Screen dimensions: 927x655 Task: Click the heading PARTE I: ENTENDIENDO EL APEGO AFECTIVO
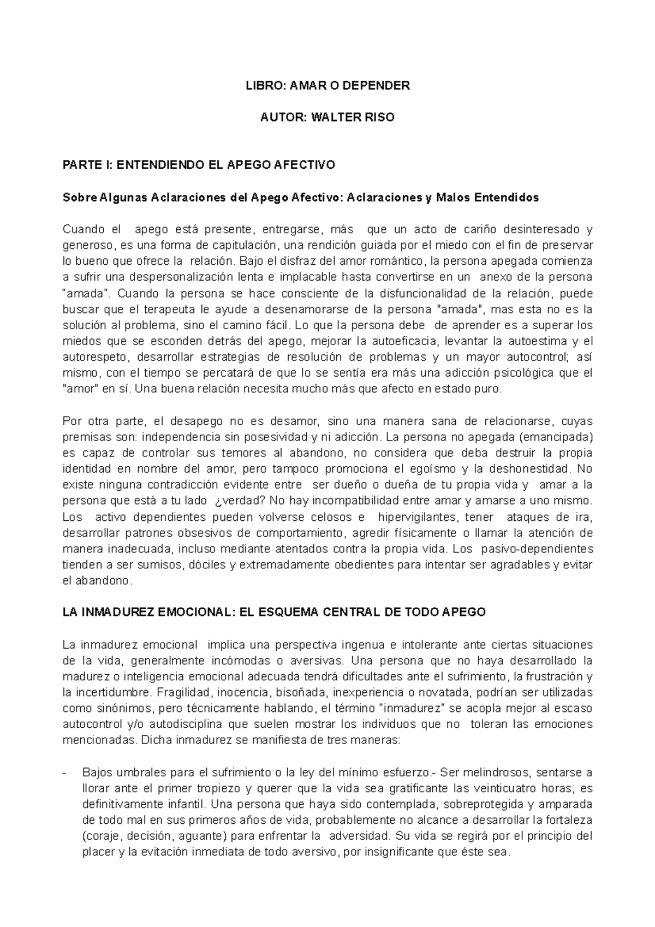coord(199,165)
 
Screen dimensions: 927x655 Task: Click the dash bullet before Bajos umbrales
coord(65,773)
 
